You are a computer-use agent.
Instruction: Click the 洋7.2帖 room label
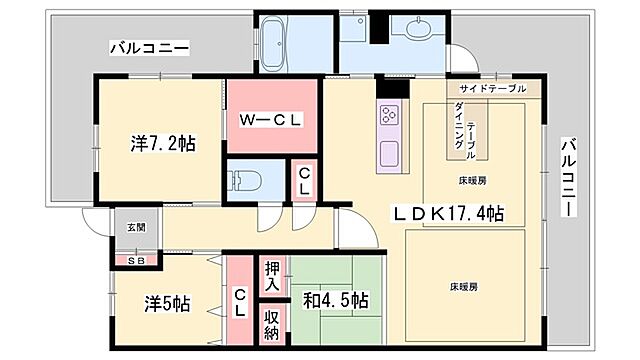point(162,143)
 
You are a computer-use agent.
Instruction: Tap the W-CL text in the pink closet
point(270,119)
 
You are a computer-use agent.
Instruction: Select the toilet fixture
point(245,183)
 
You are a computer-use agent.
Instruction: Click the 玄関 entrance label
point(135,228)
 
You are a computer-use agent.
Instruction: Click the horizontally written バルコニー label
point(149,47)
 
